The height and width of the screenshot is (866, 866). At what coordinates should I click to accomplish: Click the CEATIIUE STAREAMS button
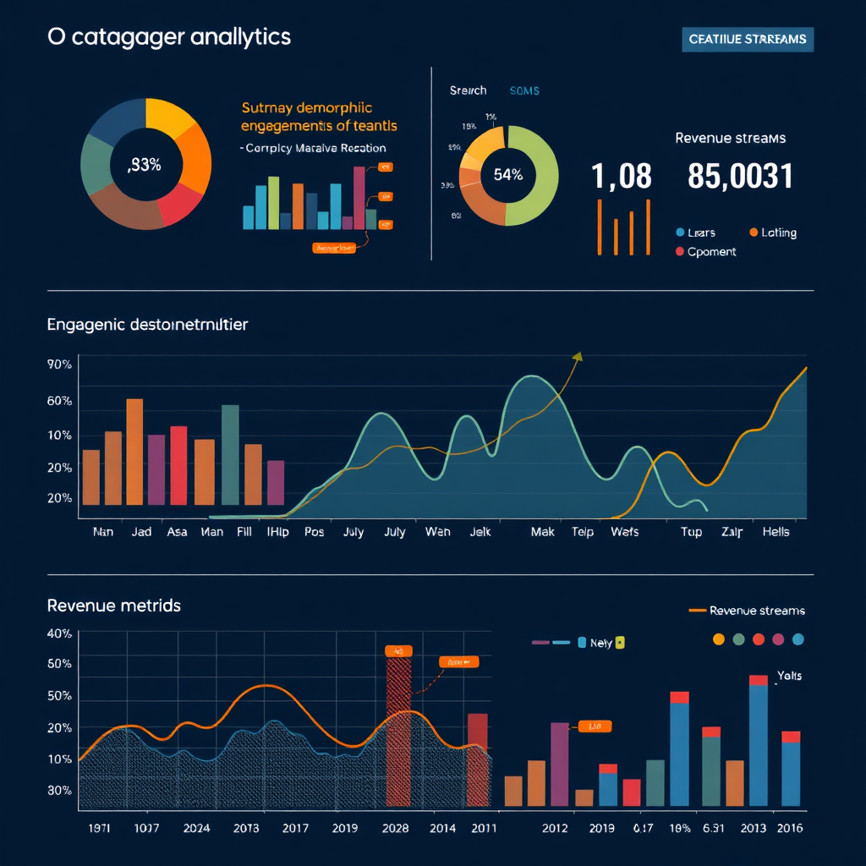747,39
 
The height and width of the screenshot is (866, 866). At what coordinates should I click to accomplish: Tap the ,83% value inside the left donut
144,166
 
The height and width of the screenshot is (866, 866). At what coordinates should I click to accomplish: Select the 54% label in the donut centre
507,175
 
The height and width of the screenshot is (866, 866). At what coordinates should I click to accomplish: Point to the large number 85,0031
740,177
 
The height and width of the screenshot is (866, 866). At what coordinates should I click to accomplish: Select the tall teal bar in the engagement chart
230,454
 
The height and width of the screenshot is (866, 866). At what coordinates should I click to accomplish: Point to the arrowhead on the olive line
578,357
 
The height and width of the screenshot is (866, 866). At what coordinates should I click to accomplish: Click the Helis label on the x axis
776,532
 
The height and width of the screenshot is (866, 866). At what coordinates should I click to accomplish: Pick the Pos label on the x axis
314,532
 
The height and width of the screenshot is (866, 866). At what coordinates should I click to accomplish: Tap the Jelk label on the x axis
480,532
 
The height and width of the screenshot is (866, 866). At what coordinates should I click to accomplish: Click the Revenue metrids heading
113,606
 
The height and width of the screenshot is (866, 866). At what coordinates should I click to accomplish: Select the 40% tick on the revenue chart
59,633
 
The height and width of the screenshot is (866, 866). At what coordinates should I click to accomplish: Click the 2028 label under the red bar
397,828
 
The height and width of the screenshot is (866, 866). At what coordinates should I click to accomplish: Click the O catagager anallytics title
169,37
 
